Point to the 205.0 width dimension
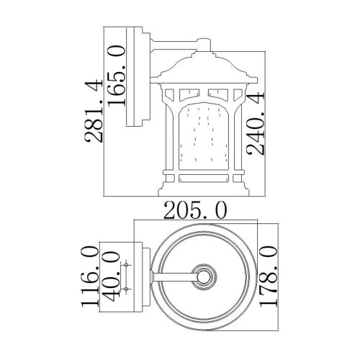[x=195, y=210]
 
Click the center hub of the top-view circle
[x=204, y=276]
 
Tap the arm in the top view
[x=173, y=276]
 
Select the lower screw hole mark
[x=128, y=287]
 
